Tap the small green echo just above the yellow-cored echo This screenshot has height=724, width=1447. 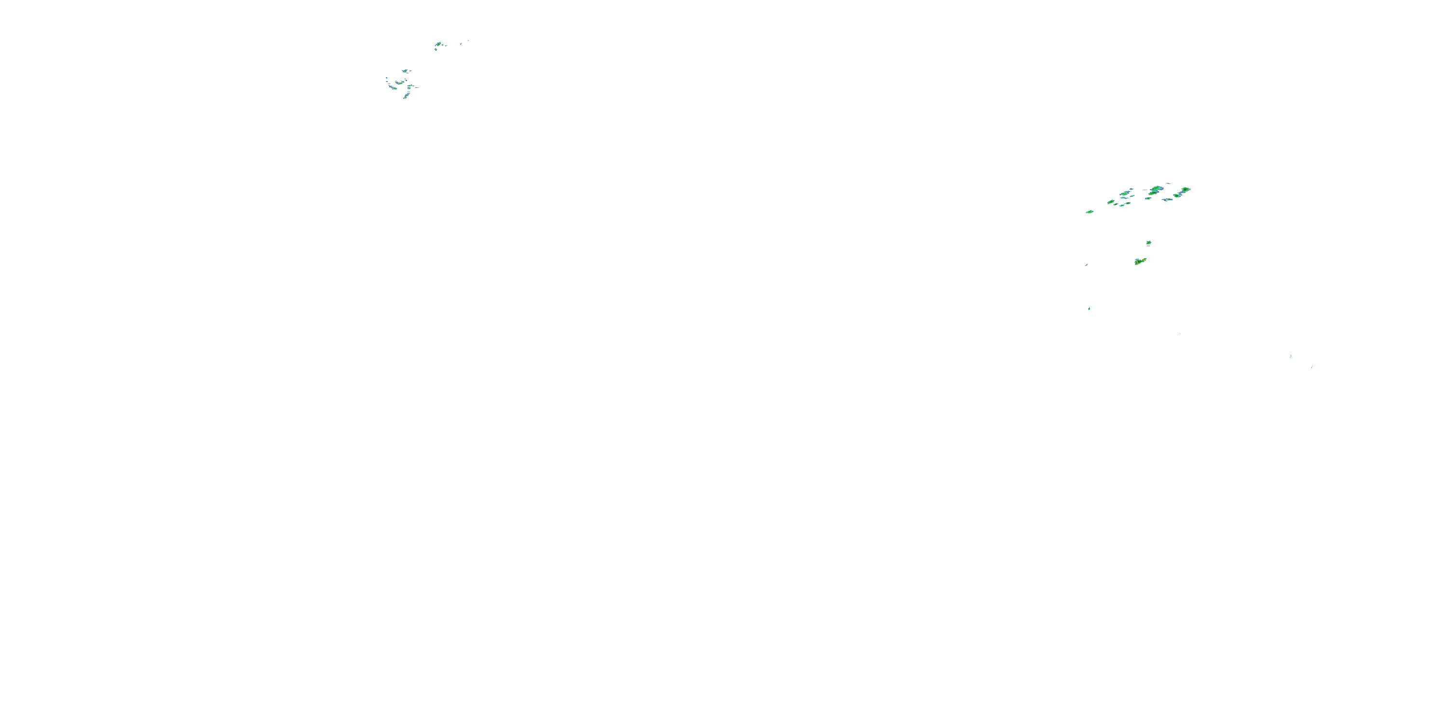coord(1149,243)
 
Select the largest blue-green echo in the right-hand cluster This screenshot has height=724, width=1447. coord(1156,190)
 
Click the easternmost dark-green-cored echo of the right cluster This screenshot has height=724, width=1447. coord(1185,190)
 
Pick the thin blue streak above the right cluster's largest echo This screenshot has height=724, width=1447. coord(1168,183)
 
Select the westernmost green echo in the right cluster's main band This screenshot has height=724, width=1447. coord(1110,202)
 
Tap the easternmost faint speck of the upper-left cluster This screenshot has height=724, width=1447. coord(468,41)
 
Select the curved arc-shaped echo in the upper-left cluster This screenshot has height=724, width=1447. coord(400,83)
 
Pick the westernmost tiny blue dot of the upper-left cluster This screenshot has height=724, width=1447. coord(386,78)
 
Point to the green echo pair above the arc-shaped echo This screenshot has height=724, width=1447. coord(406,71)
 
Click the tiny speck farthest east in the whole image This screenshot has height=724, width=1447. coord(1311,367)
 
